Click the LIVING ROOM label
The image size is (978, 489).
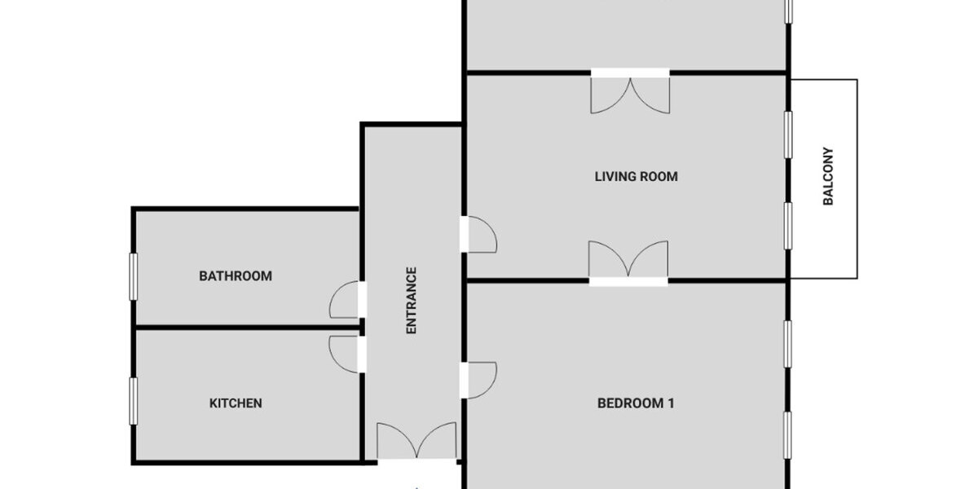636,176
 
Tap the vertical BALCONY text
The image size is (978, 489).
828,176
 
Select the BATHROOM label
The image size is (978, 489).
236,276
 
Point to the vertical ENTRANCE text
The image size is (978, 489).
412,301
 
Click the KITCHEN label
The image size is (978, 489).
236,403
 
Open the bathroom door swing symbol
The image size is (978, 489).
346,300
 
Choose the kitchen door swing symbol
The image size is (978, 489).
346,355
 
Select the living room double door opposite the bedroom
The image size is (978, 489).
630,91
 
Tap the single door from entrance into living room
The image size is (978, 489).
479,234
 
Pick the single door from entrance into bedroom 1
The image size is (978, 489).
479,380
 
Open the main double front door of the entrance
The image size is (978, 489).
416,442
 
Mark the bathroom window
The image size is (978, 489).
134,276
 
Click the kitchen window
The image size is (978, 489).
134,401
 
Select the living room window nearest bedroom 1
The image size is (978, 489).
788,226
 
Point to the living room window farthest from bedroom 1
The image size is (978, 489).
788,134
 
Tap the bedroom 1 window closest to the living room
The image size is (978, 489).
788,344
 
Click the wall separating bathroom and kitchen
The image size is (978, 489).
244,328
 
